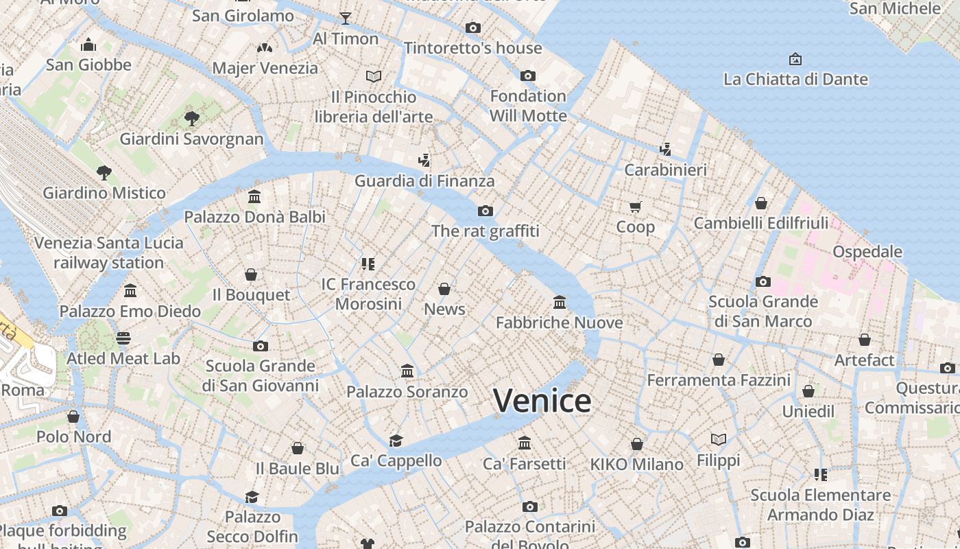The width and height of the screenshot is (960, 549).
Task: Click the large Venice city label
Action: click(542, 401)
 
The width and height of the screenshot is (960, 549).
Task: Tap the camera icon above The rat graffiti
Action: click(485, 211)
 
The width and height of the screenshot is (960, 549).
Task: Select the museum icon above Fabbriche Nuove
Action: click(560, 302)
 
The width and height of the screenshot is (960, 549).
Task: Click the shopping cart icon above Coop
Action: click(636, 207)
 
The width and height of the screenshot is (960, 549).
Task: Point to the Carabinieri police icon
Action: click(665, 149)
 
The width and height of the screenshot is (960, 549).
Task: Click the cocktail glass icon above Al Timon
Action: click(346, 19)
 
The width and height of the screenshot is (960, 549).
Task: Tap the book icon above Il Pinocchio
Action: click(374, 76)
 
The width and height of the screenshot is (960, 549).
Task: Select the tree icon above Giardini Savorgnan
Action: click(192, 119)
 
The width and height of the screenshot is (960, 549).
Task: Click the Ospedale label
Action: click(867, 251)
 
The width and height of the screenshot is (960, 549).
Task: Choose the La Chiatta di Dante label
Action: click(795, 79)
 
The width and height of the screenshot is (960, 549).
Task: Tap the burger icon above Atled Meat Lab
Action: click(123, 338)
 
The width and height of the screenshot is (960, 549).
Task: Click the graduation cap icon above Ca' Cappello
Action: click(396, 441)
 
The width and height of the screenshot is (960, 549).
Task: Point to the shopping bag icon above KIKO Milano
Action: click(637, 444)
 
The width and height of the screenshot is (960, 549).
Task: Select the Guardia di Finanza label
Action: click(424, 181)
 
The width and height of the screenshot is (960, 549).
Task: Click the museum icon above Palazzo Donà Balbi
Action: click(254, 197)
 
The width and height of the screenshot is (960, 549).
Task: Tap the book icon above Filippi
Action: click(718, 439)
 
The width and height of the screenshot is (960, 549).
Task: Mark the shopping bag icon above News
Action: click(444, 289)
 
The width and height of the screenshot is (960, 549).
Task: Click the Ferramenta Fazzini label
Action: click(719, 379)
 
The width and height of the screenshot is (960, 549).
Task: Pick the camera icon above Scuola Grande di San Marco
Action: click(763, 281)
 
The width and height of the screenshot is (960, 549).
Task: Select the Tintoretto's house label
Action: click(472, 48)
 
